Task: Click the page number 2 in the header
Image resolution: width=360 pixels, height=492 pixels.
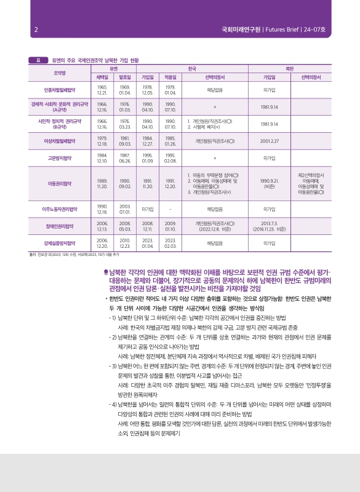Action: pos(36,29)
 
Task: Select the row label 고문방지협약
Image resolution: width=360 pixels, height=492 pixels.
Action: pos(60,158)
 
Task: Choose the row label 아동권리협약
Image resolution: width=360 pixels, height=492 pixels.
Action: pos(60,183)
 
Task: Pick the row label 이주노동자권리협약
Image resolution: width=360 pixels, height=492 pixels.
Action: pos(60,209)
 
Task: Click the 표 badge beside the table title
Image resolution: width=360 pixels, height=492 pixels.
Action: pos(38,60)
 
